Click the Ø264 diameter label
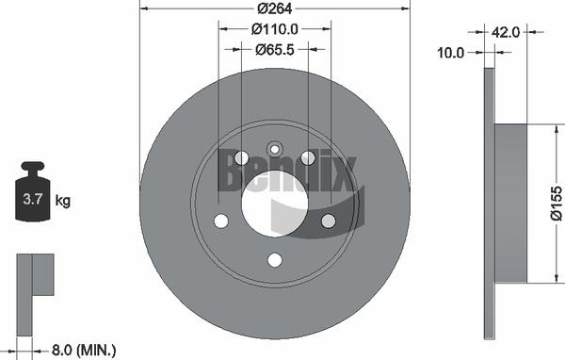point(275,8)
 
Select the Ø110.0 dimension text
point(275,29)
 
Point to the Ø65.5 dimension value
point(275,50)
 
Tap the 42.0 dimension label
point(505,32)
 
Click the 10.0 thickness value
point(450,53)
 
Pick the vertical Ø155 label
point(556,203)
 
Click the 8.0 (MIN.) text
point(84,350)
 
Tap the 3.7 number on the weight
point(33,199)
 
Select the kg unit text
point(63,200)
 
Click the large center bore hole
point(275,204)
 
